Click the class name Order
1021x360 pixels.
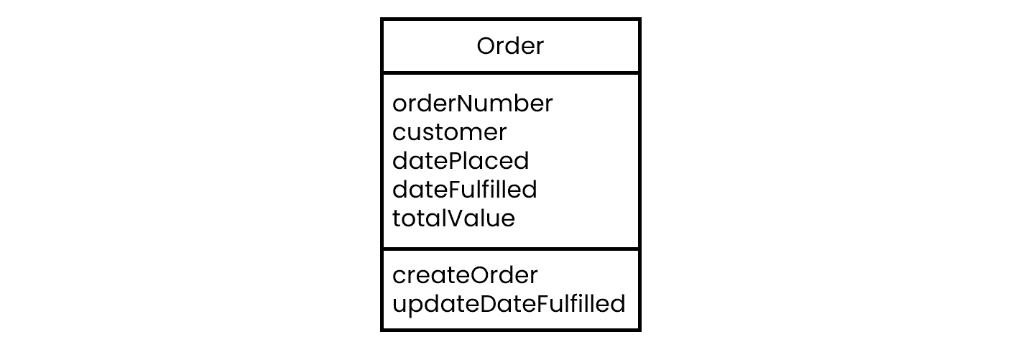510,45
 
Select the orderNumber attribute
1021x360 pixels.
473,103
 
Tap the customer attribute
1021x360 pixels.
449,132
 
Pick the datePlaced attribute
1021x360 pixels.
461,160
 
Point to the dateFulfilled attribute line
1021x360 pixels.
464,189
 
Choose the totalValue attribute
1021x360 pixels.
453,218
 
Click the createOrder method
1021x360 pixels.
465,274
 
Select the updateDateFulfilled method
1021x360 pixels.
509,305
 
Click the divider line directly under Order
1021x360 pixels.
510,73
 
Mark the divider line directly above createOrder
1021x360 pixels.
510,249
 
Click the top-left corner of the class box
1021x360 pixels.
382,19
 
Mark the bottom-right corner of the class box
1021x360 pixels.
640,331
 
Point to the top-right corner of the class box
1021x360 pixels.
640,19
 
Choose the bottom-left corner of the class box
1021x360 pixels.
382,331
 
